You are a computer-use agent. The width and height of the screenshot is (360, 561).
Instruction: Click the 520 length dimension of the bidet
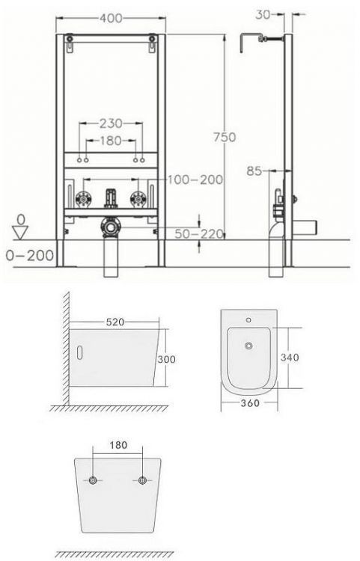pyautogui.click(x=114, y=321)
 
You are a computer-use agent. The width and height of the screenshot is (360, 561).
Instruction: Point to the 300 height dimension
pyautogui.click(x=165, y=358)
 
